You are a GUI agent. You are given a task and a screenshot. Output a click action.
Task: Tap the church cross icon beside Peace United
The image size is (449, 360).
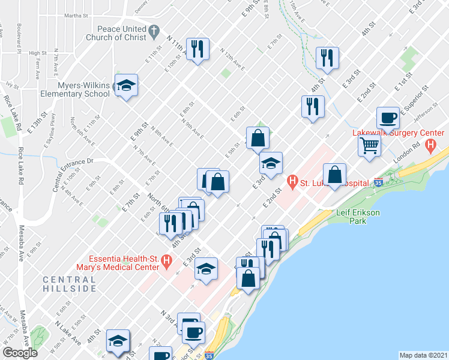[154, 29]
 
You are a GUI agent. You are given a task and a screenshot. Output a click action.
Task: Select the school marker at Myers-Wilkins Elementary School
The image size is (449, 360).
[127, 86]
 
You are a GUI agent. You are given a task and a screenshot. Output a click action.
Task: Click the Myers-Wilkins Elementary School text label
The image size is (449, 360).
[84, 89]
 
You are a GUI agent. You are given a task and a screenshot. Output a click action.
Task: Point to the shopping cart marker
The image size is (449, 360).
[369, 145]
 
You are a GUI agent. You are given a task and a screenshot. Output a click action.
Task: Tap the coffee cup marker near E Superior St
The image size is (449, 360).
[387, 118]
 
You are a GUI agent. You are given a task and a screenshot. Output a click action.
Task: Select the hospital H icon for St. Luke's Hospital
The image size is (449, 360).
[292, 179]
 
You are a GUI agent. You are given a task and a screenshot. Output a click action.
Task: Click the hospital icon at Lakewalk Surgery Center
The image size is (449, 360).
[430, 145]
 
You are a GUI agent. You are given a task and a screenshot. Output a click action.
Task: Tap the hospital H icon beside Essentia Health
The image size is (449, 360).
[167, 260]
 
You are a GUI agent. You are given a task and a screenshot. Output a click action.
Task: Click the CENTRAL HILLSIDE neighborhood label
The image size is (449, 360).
[70, 284]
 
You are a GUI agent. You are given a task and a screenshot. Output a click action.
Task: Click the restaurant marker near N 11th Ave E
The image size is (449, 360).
[197, 49]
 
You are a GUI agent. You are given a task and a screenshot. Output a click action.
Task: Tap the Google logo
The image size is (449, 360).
[20, 353]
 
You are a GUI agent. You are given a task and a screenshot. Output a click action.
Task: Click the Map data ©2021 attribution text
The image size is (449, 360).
[423, 355]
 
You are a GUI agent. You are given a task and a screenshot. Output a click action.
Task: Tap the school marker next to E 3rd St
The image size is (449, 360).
[270, 163]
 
